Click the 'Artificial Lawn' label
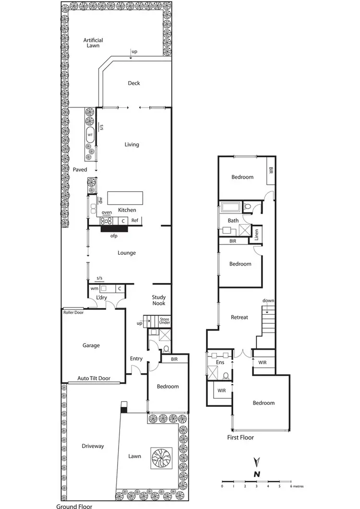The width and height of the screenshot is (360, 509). [93, 43]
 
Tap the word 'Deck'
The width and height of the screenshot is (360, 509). [134, 83]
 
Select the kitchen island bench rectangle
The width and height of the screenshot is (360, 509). [125, 198]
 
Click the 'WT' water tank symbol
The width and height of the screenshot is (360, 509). [90, 136]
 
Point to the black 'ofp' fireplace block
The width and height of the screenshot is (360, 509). [114, 229]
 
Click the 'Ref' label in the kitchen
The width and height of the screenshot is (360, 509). [135, 221]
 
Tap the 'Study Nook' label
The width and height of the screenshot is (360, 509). [159, 300]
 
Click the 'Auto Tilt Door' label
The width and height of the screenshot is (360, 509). [94, 379]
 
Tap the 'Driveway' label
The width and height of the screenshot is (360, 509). [93, 446]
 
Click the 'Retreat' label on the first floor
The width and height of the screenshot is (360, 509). [239, 317]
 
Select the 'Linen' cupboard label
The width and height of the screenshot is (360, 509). [257, 235]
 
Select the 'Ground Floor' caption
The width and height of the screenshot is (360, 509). [74, 506]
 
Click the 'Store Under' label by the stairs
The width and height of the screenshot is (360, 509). [165, 321]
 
